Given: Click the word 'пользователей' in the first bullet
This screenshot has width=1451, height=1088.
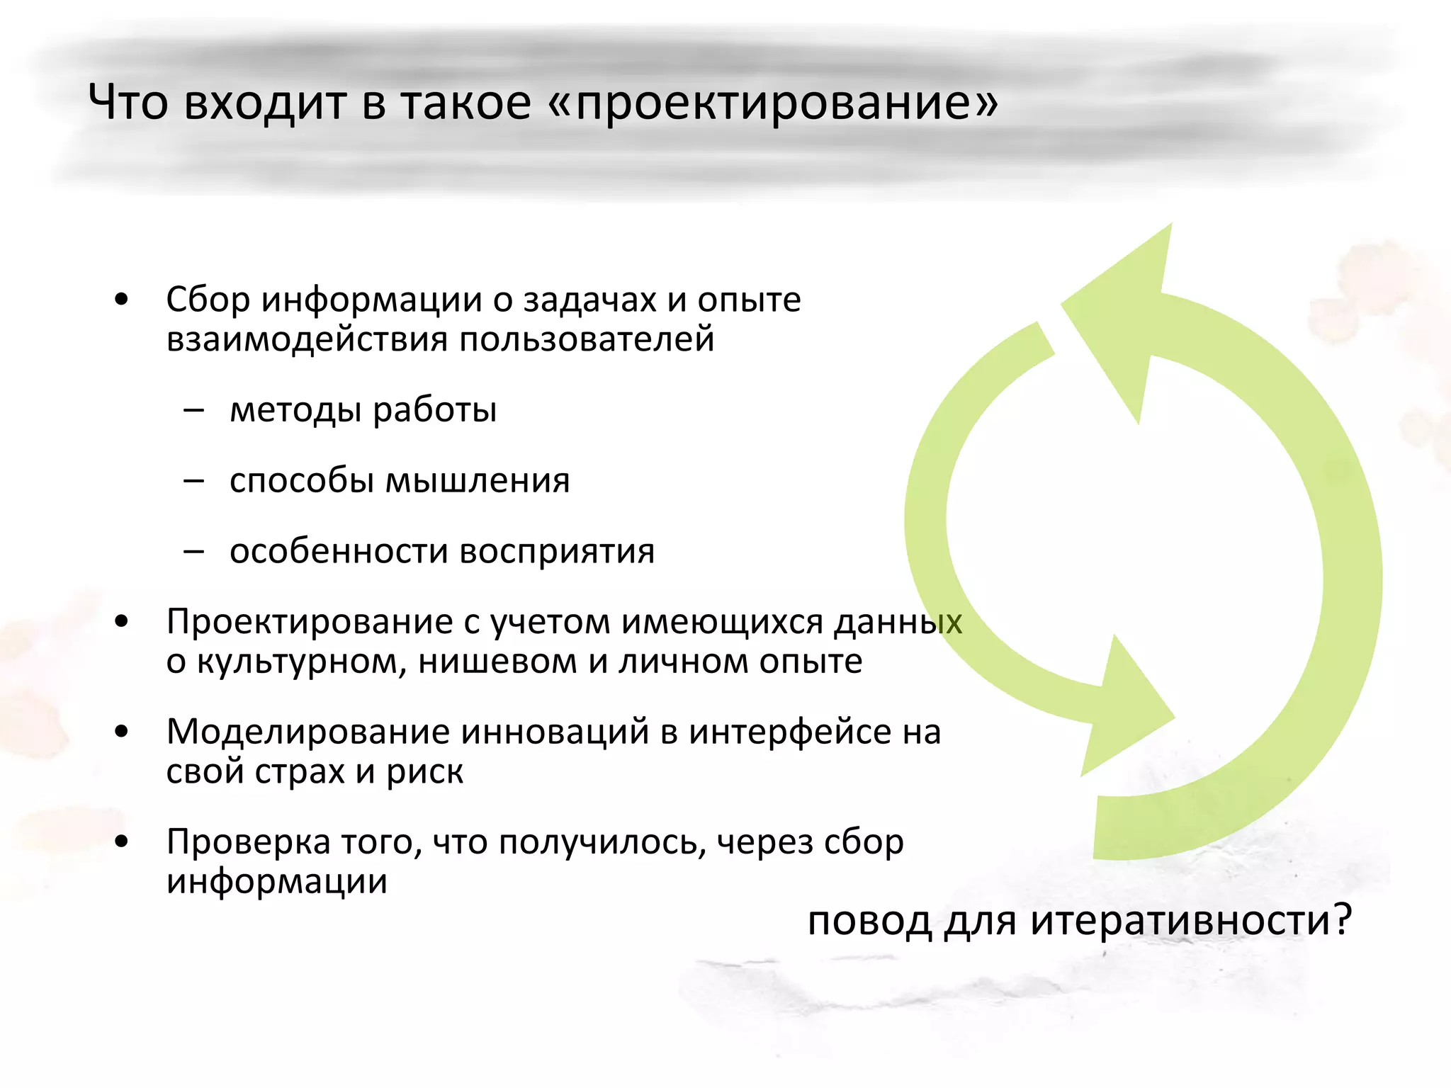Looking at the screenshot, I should coord(587,339).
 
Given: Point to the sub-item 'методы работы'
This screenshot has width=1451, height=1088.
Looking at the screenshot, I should coord(363,409).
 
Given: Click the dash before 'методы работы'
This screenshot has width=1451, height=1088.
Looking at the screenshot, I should coord(193,409).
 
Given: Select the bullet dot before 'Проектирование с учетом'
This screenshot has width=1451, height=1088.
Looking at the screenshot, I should coord(122,621).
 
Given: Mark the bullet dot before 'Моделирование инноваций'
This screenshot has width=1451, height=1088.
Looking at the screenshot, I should coord(122,731).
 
